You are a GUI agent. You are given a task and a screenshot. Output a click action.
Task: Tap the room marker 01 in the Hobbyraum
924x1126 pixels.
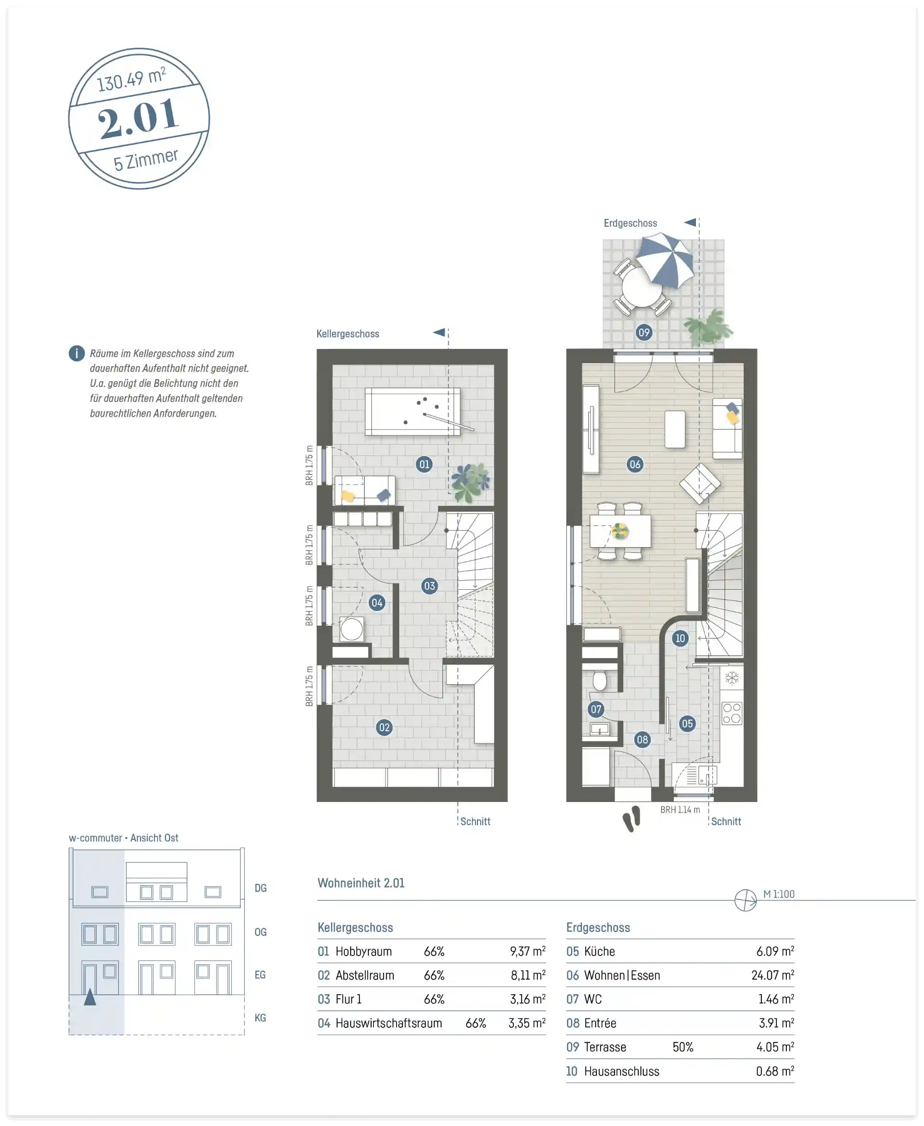click(x=424, y=464)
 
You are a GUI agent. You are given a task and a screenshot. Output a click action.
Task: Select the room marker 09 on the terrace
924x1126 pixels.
click(x=644, y=333)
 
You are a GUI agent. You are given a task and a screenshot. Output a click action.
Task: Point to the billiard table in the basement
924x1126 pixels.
click(x=413, y=412)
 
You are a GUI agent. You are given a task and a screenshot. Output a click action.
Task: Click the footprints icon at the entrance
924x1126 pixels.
click(x=632, y=819)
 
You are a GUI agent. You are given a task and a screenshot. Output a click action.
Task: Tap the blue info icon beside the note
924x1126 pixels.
click(x=77, y=354)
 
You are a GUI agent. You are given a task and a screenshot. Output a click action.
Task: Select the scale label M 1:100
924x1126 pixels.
click(x=779, y=894)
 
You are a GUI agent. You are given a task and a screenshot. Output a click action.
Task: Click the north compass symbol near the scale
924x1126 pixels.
click(x=745, y=900)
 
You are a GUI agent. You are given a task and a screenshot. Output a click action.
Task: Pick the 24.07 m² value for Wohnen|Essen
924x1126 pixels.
click(x=772, y=975)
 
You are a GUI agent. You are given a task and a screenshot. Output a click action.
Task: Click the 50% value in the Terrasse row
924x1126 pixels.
click(x=683, y=1046)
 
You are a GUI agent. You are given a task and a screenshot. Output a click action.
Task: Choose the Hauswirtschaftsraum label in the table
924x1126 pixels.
click(x=388, y=1023)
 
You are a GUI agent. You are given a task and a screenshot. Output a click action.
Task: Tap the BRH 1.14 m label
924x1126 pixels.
click(x=680, y=810)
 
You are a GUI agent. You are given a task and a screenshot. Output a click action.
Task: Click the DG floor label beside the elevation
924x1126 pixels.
click(x=260, y=888)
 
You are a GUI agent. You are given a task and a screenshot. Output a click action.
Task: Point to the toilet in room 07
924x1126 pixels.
click(x=600, y=680)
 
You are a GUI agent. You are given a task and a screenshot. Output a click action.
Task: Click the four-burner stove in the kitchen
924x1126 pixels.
click(x=732, y=713)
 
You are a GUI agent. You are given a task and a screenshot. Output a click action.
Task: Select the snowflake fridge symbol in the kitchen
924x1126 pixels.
click(x=732, y=678)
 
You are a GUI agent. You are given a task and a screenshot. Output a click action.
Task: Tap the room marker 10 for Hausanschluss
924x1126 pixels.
click(x=680, y=638)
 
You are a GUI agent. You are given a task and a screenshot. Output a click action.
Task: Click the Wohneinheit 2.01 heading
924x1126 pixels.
click(x=361, y=883)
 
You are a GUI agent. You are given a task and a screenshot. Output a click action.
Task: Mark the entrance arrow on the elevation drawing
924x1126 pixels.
click(x=90, y=996)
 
